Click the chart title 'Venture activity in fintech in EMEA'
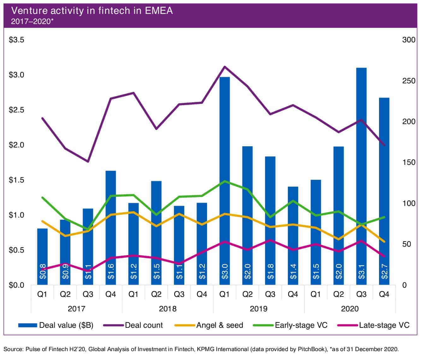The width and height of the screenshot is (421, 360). click(x=92, y=11)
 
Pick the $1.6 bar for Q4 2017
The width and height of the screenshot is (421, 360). click(x=111, y=227)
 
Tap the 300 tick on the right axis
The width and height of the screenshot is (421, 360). click(x=409, y=40)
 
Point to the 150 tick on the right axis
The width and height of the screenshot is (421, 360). click(x=409, y=163)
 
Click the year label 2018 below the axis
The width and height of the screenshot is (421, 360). click(x=168, y=309)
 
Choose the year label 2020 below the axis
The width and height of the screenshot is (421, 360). click(x=350, y=309)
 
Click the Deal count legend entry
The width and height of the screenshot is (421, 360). click(x=144, y=325)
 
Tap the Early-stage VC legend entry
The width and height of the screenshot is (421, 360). click(x=301, y=325)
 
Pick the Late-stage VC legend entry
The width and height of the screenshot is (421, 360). click(x=384, y=325)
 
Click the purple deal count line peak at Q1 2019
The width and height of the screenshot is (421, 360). click(x=224, y=67)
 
